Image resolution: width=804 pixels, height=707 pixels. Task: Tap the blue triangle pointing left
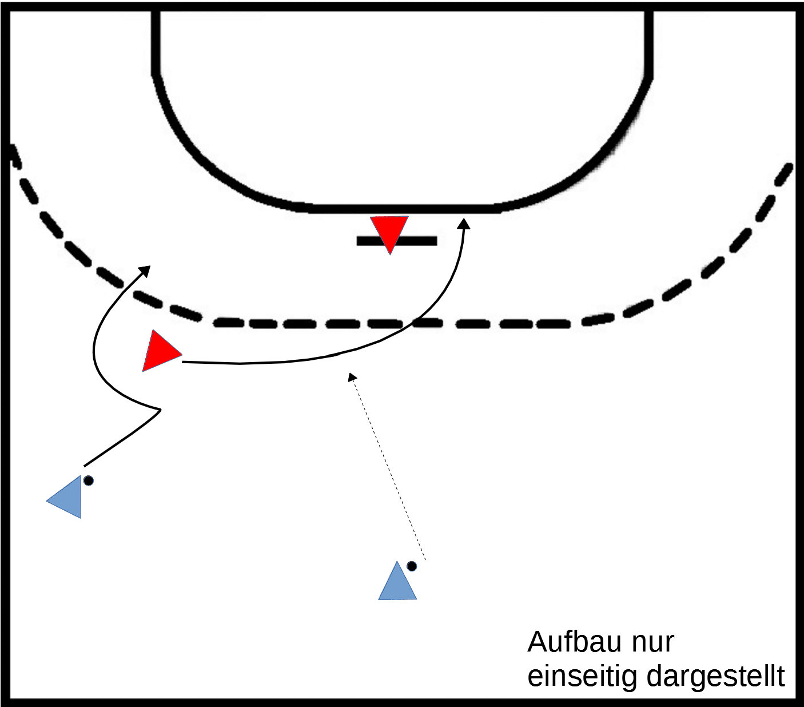coord(67,497)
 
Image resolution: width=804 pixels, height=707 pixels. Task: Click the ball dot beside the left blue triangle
coord(89,480)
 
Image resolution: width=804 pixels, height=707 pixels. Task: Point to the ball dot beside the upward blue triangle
coord(412,566)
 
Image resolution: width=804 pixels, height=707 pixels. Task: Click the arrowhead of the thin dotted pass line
coord(352,377)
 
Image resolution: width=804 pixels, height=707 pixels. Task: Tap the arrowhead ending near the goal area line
coord(463,224)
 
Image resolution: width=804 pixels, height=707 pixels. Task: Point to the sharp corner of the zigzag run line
coord(160,410)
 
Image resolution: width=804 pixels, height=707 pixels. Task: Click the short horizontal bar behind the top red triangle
coord(397,241)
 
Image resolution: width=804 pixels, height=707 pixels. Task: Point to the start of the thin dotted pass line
coord(425,560)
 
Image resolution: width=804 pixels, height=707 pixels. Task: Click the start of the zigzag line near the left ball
coord(85,466)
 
